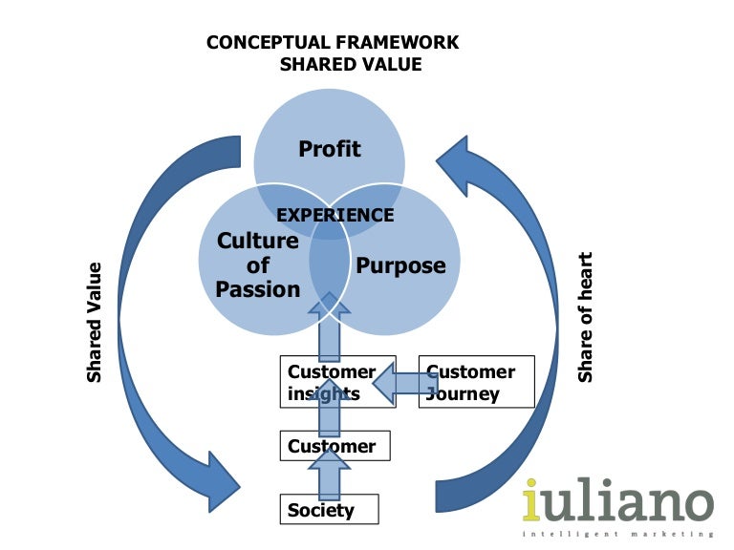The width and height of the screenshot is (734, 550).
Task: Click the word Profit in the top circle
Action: coord(330,149)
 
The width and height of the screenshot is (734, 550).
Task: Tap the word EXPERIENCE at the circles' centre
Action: coord(335,215)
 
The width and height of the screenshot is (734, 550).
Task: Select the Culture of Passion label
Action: coord(258,264)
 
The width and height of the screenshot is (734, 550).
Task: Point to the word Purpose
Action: coord(400,265)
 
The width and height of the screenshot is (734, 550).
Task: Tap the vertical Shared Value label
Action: coord(95,322)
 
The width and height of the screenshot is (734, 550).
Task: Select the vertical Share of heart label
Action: coord(586,317)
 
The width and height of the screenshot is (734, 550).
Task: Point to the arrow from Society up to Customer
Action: coord(331,475)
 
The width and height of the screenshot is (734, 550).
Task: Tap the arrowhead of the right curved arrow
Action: coord(464,163)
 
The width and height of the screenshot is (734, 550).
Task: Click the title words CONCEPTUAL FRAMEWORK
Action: coord(333,43)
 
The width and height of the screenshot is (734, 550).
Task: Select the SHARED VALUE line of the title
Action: coord(350,65)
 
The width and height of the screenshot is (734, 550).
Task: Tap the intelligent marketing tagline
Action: coord(617,533)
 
